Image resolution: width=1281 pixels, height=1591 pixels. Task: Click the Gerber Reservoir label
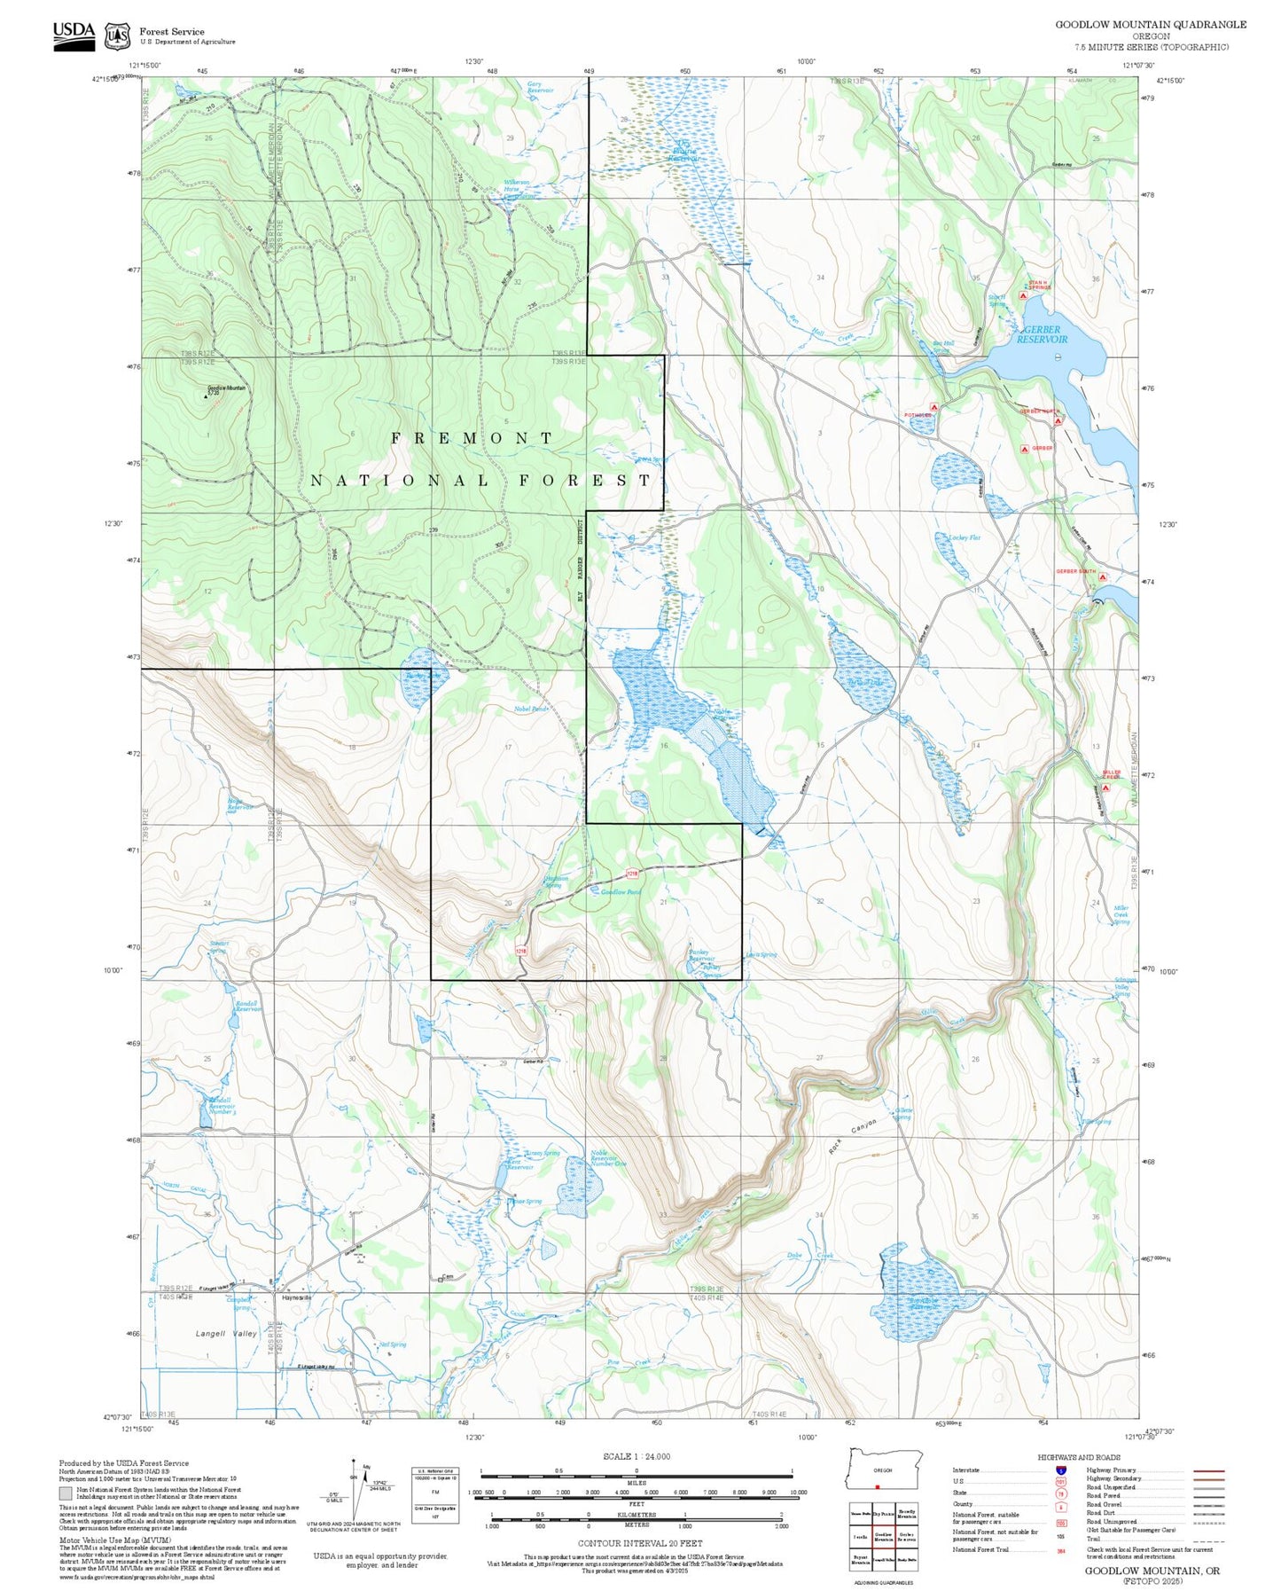[x=1042, y=334]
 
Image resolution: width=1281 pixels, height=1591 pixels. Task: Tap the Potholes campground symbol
[x=933, y=407]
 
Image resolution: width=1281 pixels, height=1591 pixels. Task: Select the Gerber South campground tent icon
[x=1103, y=577]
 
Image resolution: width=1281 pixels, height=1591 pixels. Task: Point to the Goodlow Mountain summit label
[x=227, y=389]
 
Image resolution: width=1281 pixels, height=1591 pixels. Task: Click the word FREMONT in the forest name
[x=473, y=438]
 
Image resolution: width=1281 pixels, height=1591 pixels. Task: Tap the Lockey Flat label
[x=964, y=537]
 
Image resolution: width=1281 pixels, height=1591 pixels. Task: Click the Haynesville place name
[x=297, y=1297]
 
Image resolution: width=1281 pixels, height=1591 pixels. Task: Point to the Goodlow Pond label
[x=621, y=892]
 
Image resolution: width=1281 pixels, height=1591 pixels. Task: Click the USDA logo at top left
[x=74, y=35]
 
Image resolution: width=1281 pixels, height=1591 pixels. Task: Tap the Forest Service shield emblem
[x=117, y=36]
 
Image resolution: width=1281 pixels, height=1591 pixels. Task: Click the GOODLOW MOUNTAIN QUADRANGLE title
[x=1150, y=25]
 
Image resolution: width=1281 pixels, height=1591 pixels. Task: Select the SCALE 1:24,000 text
[x=636, y=1456]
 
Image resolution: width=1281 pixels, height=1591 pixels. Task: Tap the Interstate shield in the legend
[x=1060, y=1470]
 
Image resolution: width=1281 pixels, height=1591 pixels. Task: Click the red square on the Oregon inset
[x=877, y=1487]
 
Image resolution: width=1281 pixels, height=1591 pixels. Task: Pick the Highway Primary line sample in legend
[x=1208, y=1470]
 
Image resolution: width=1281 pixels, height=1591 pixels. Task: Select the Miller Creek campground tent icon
[x=1105, y=787]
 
